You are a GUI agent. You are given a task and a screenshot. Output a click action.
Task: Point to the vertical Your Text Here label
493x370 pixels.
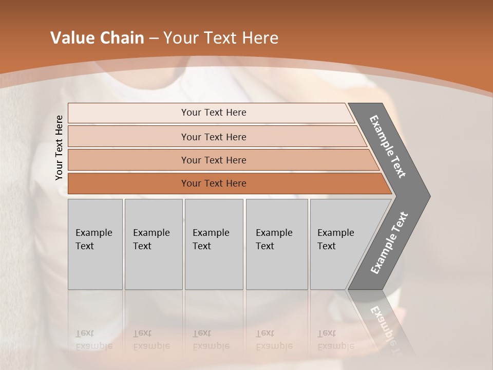tap(59, 148)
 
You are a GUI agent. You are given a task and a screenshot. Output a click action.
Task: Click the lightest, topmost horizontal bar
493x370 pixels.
tap(213, 113)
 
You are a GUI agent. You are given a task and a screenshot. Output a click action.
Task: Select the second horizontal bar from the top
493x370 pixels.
tap(213, 137)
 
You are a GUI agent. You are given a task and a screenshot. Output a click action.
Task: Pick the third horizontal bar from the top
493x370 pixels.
tap(213, 160)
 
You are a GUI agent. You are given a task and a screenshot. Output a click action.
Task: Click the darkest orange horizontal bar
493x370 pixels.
tap(213, 183)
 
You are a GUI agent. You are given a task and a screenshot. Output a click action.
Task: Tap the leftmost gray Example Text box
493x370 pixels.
tap(95, 244)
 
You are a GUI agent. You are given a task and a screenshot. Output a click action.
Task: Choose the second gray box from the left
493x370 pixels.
tap(153, 244)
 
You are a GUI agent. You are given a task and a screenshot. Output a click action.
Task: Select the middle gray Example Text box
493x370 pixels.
tap(214, 244)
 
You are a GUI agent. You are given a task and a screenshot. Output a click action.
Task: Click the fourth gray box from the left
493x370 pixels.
tap(276, 244)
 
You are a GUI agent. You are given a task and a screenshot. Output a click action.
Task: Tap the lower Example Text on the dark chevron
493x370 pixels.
tap(389, 243)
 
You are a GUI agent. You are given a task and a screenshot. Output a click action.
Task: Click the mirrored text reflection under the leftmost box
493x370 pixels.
tap(93, 340)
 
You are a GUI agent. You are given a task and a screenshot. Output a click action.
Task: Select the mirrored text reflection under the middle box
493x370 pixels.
tap(211, 340)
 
